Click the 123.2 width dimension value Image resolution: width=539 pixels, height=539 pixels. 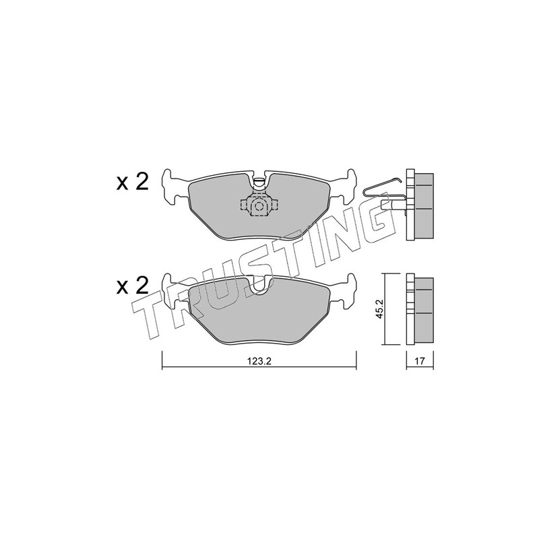point(259,361)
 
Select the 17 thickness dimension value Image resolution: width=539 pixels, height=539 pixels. point(420,361)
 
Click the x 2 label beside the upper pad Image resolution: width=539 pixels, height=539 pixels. point(133,182)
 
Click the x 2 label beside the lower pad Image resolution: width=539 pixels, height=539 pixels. point(133,285)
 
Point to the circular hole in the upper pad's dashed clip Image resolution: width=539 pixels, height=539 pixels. point(258,206)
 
